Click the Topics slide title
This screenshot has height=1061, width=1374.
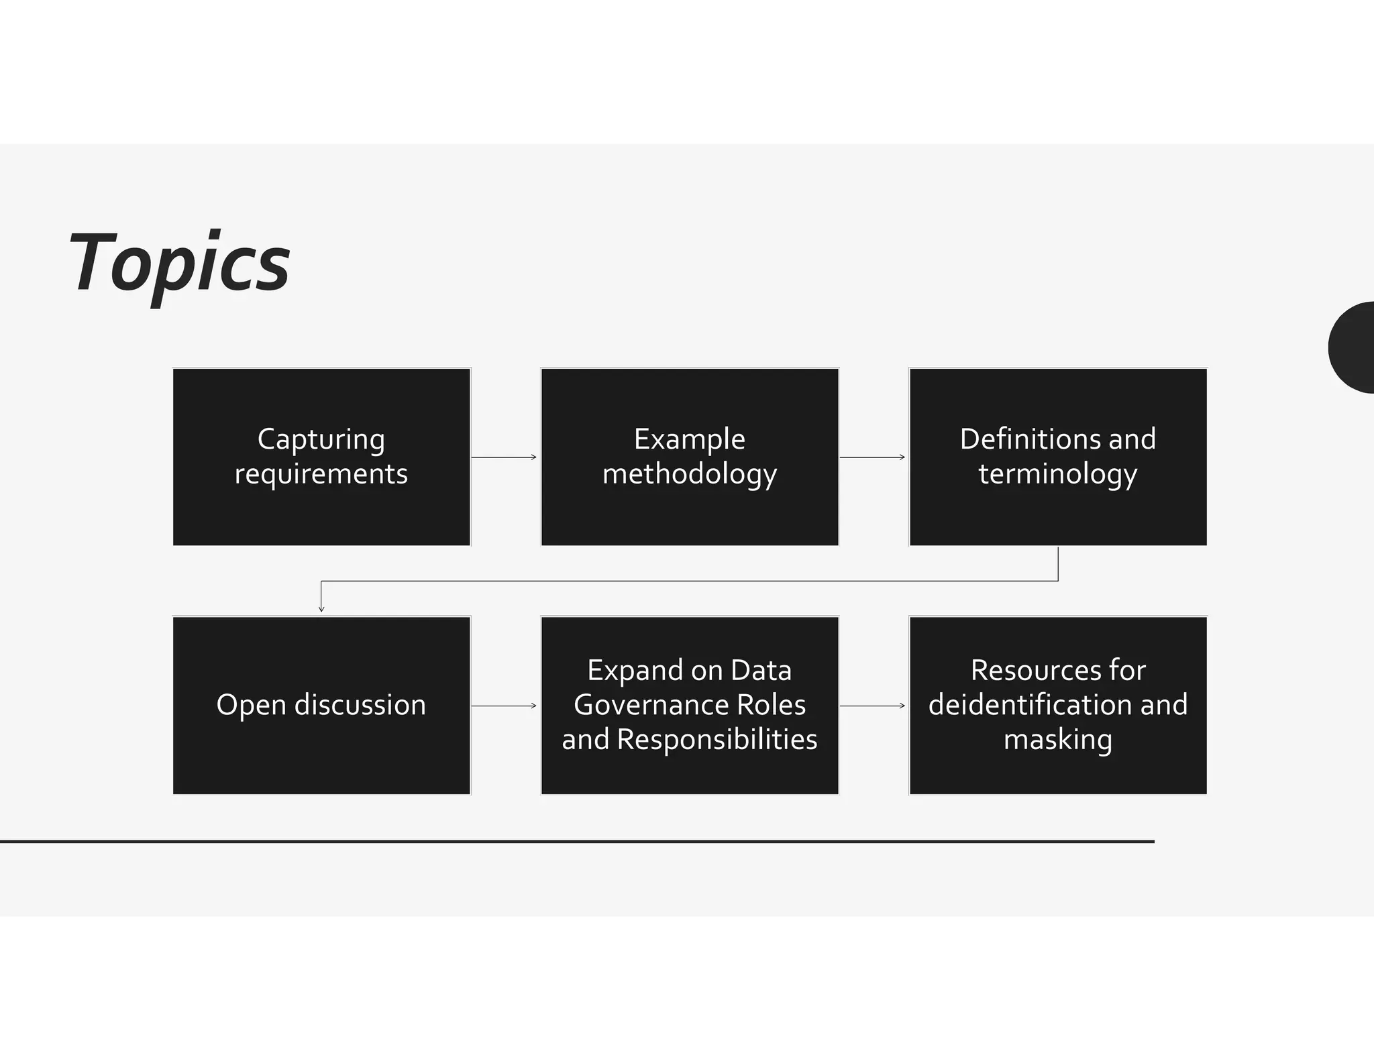coord(179,263)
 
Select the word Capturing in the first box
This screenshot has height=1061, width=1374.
coord(321,440)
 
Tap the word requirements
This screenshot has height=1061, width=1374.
coord(321,474)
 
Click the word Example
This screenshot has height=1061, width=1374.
coord(690,440)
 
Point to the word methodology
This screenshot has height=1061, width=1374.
coord(690,474)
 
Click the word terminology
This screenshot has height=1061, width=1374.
coord(1058,474)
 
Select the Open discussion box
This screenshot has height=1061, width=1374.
coord(321,705)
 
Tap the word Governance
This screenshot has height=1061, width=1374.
coord(651,705)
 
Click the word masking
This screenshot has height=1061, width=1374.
coord(1058,740)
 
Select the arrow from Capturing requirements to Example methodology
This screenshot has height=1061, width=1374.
coord(504,457)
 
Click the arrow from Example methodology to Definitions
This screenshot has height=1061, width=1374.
coord(872,457)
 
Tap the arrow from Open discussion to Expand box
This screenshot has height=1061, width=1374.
coord(504,706)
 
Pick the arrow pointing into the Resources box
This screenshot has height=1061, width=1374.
coord(872,706)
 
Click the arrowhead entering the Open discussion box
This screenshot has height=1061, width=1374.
coord(321,608)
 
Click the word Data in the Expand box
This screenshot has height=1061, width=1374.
coord(761,671)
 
